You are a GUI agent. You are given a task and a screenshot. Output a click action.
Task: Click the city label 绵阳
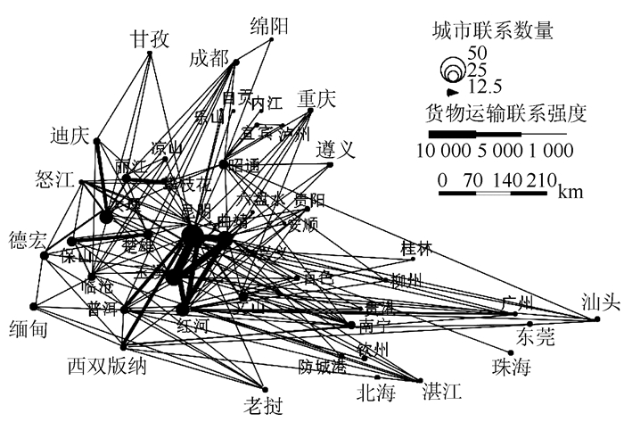click(270, 25)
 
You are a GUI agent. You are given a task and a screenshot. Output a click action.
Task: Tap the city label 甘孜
click(151, 39)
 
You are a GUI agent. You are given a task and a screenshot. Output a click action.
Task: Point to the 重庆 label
click(316, 98)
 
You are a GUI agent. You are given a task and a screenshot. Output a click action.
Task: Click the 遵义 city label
click(336, 148)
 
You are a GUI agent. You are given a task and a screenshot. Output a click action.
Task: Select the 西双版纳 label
click(107, 366)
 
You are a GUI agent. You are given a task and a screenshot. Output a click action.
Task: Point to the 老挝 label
click(263, 406)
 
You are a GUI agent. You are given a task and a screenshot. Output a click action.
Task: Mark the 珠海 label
click(511, 366)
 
